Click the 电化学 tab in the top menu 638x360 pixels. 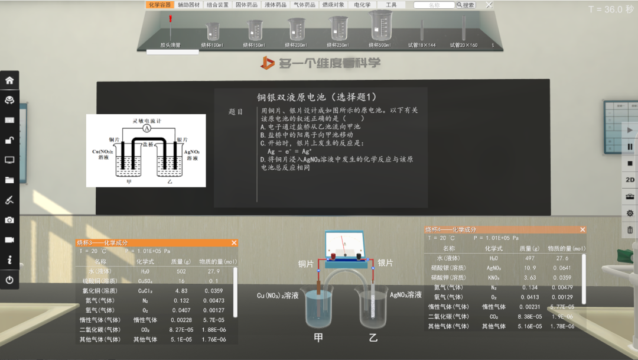coord(362,5)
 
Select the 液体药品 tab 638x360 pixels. coord(276,5)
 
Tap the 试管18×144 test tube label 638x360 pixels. coord(422,45)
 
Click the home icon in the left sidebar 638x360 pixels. coord(9,80)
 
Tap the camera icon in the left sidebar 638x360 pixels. coord(9,220)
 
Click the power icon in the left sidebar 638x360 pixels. coord(9,280)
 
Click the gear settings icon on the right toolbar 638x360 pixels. coord(630,213)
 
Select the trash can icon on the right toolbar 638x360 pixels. coord(630,230)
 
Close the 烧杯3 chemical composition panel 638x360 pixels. coord(234,243)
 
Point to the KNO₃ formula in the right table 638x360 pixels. coord(494,277)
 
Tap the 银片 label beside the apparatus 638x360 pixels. coord(385,263)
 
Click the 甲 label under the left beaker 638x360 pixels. coord(318,338)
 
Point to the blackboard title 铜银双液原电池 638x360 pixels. coord(317,97)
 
